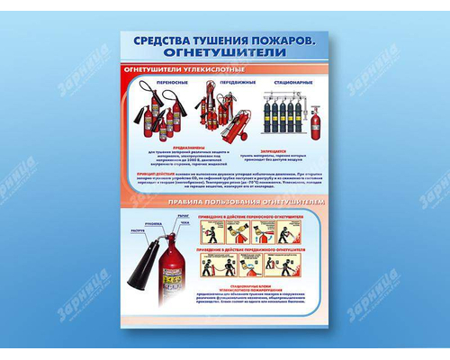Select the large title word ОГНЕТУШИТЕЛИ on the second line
[225, 54]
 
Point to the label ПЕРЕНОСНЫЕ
[147, 82]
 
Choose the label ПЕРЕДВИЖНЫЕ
[213, 82]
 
